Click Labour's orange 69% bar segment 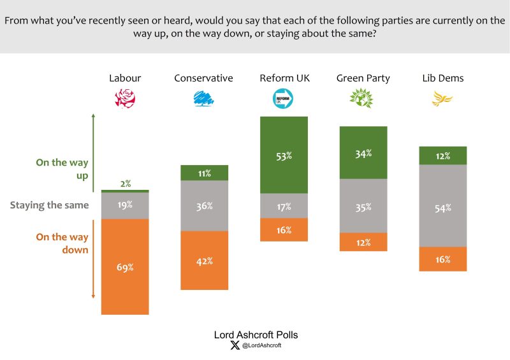tap(125, 267)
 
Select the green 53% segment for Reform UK tap(284, 155)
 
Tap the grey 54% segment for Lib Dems tap(443, 206)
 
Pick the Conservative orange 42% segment tap(204, 261)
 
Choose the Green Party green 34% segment tap(363, 153)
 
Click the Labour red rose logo tap(125, 99)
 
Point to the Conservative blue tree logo tap(203, 99)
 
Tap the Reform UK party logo tap(284, 99)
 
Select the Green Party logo tap(363, 99)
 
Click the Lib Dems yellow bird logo tap(442, 99)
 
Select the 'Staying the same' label tap(49, 205)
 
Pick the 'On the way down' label tap(62, 243)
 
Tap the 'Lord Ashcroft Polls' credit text tap(255, 335)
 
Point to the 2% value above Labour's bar tap(125, 184)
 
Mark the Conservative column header tap(203, 78)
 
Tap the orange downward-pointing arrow tap(94, 258)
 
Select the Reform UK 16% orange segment tap(284, 230)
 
